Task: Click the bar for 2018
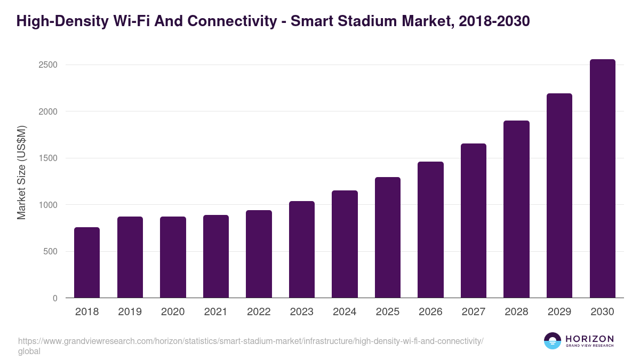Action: (87, 262)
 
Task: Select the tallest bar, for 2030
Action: (603, 179)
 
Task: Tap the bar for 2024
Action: (345, 244)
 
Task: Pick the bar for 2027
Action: (474, 221)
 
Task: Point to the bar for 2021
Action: (216, 257)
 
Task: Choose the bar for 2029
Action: (559, 196)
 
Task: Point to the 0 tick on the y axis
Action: (54, 298)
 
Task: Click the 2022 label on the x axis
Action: (259, 312)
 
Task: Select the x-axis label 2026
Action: (430, 312)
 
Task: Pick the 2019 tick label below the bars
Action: (130, 312)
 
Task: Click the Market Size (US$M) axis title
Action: (21, 172)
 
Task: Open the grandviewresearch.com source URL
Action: (251, 341)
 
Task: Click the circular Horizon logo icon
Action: (553, 341)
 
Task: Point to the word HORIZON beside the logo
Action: (589, 339)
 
